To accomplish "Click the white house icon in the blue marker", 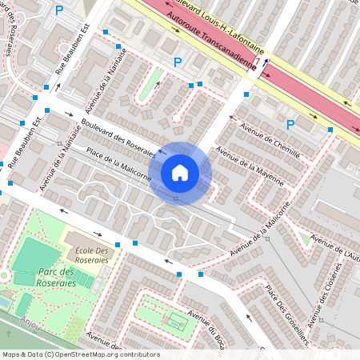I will tap(180, 173).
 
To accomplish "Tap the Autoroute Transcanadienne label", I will tap(213, 42).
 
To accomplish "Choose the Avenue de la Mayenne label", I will tap(250, 166).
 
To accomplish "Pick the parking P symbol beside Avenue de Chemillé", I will tap(291, 124).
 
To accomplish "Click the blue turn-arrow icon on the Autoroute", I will tap(265, 63).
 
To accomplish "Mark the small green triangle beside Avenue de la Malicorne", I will tap(305, 238).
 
